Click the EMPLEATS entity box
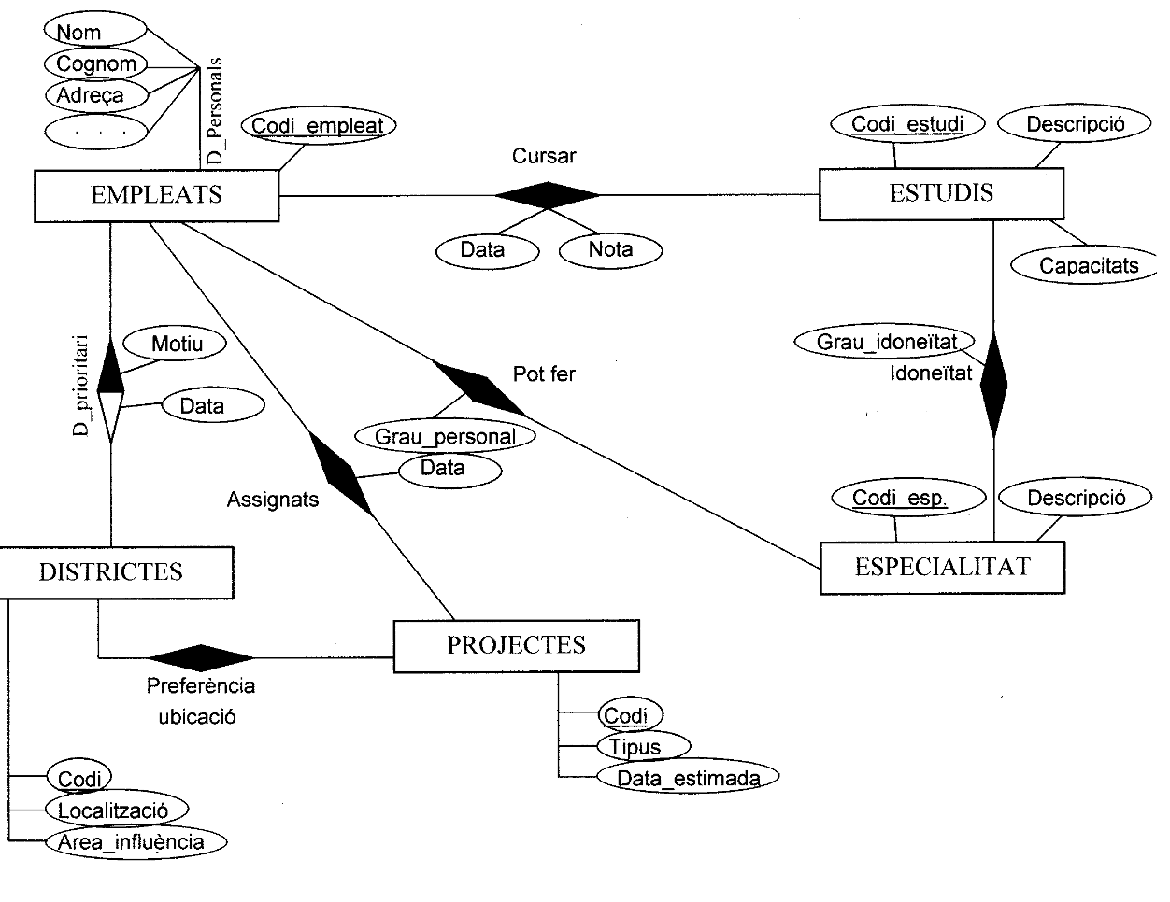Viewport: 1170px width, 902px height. point(156,195)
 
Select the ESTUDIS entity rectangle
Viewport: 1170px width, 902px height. point(941,194)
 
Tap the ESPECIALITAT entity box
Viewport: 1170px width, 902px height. point(942,567)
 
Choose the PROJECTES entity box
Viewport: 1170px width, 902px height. point(517,645)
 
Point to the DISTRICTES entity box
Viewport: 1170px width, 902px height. point(112,571)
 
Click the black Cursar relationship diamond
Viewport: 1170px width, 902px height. point(547,195)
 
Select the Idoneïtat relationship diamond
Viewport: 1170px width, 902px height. point(993,383)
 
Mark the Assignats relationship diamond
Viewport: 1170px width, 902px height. point(341,474)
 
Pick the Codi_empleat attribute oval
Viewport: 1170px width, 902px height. point(319,125)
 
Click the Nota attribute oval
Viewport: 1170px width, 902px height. point(610,249)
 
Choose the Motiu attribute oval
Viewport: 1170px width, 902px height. point(177,344)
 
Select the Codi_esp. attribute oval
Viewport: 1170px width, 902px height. point(899,498)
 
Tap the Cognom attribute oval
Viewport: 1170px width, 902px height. point(96,63)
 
